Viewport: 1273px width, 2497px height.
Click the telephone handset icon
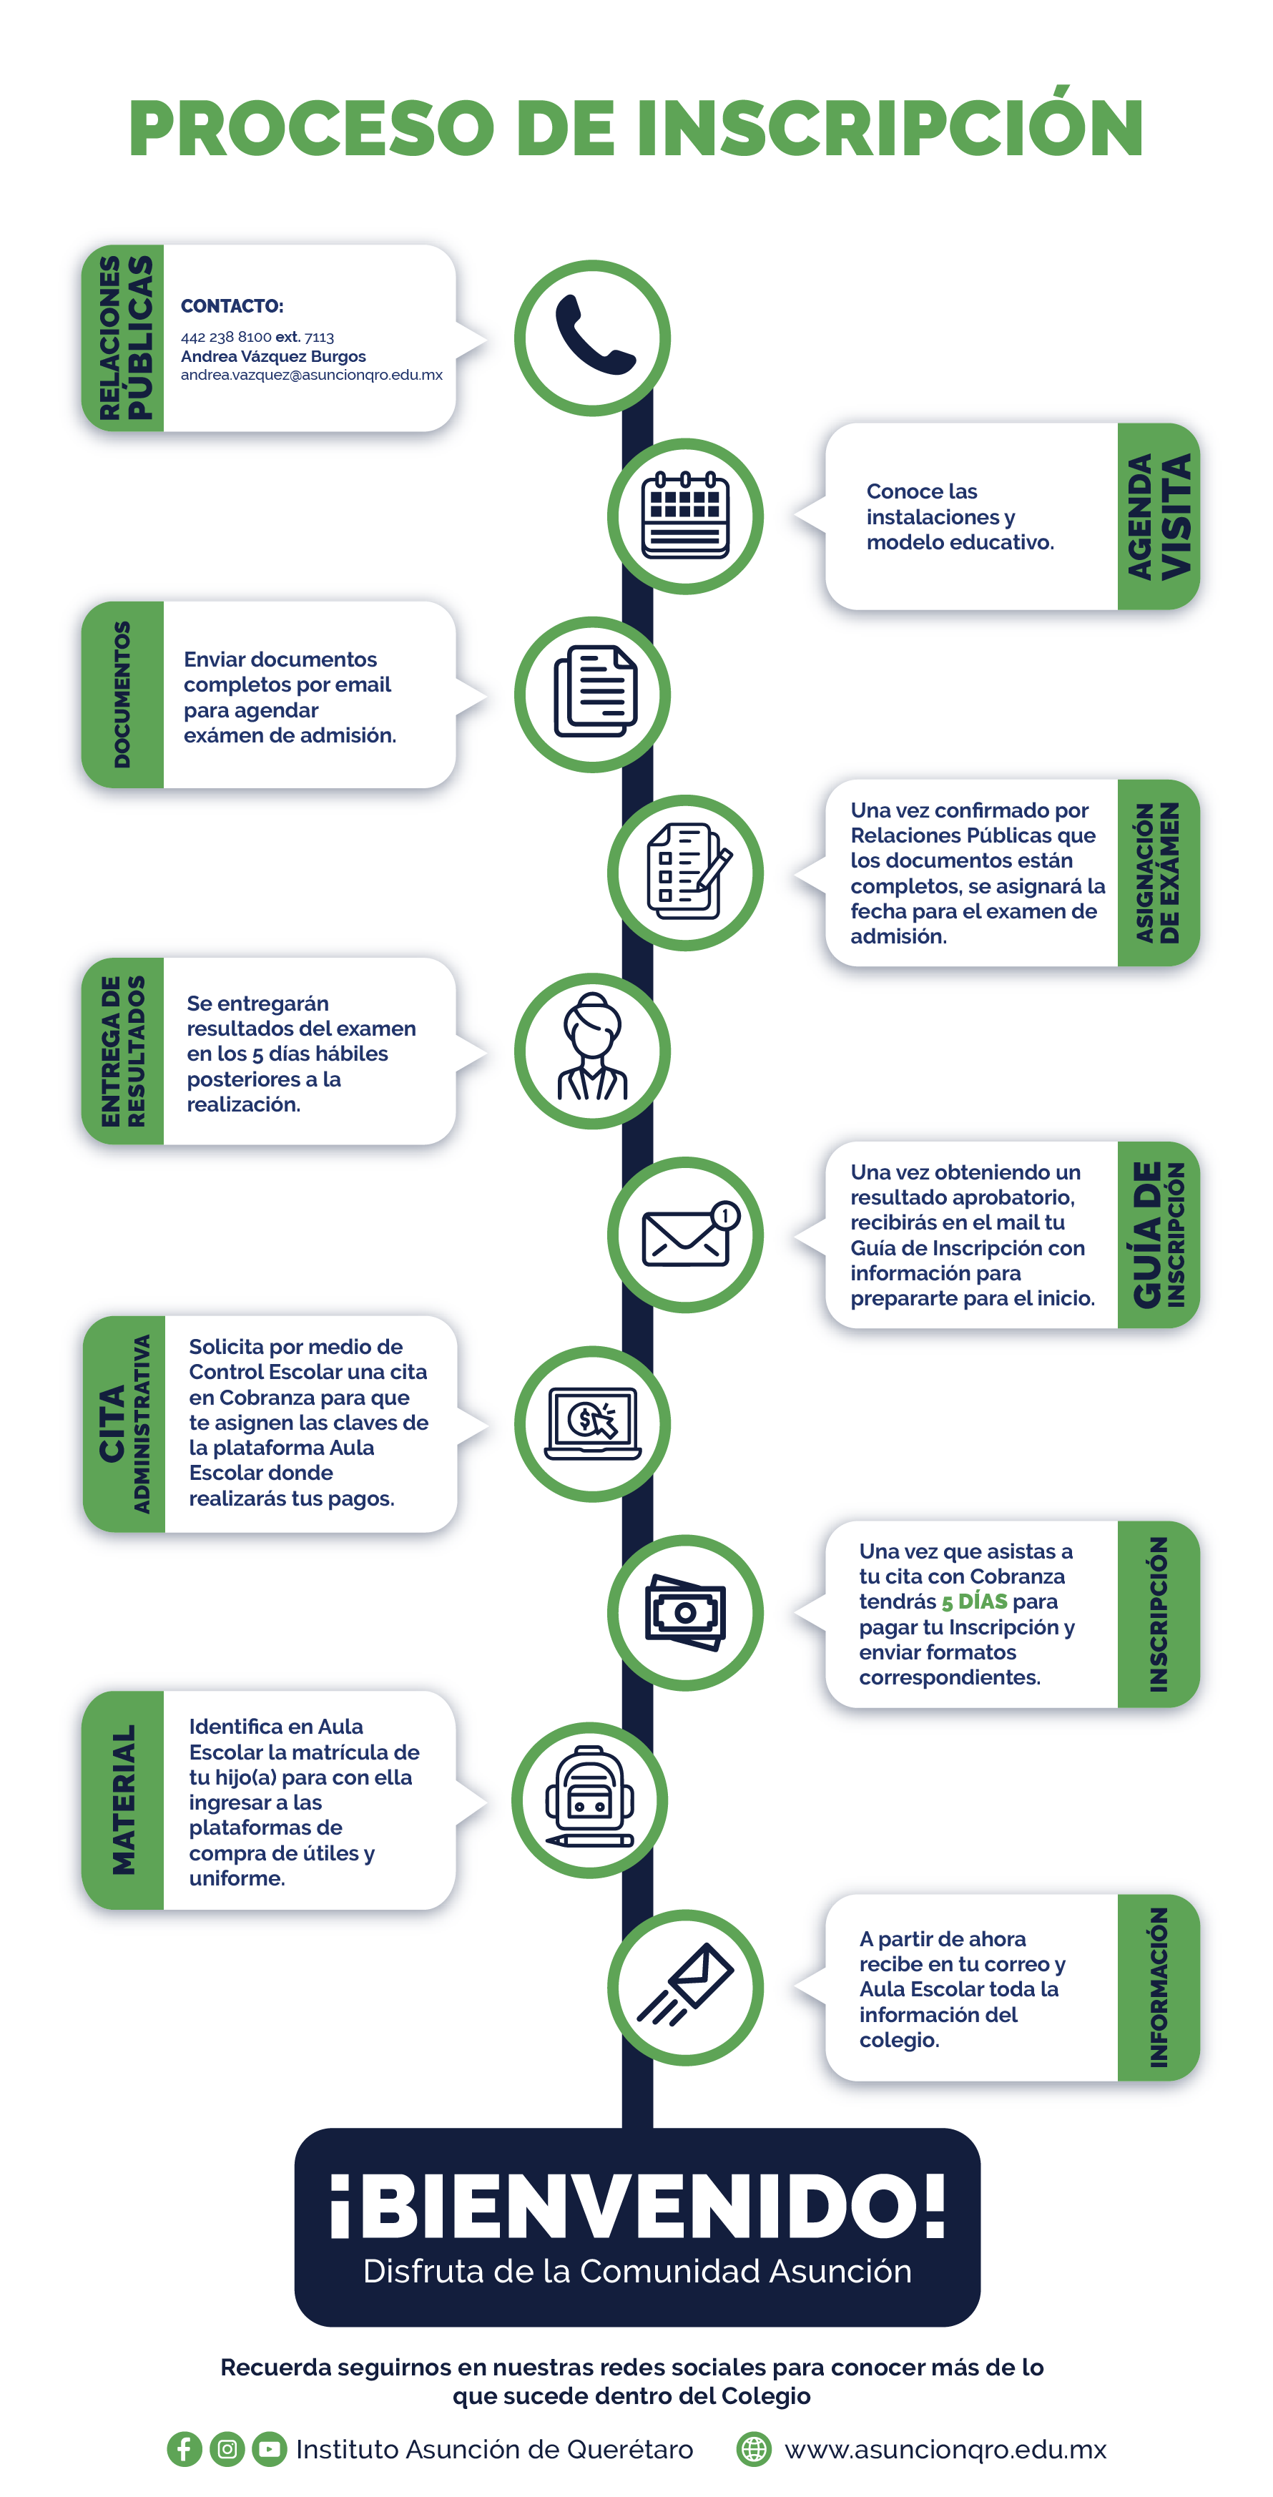click(x=594, y=335)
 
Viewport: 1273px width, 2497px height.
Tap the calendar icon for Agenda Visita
click(x=685, y=515)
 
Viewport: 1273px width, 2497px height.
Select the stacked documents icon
click(x=594, y=691)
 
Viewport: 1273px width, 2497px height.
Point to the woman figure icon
click(x=592, y=1048)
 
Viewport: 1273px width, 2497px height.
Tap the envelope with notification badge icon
click(x=690, y=1234)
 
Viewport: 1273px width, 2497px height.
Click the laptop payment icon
click(x=592, y=1423)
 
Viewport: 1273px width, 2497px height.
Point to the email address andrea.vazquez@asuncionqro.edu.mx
click(x=311, y=375)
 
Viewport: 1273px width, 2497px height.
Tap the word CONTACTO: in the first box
click(x=232, y=306)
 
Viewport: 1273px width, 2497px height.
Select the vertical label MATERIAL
click(x=123, y=1799)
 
